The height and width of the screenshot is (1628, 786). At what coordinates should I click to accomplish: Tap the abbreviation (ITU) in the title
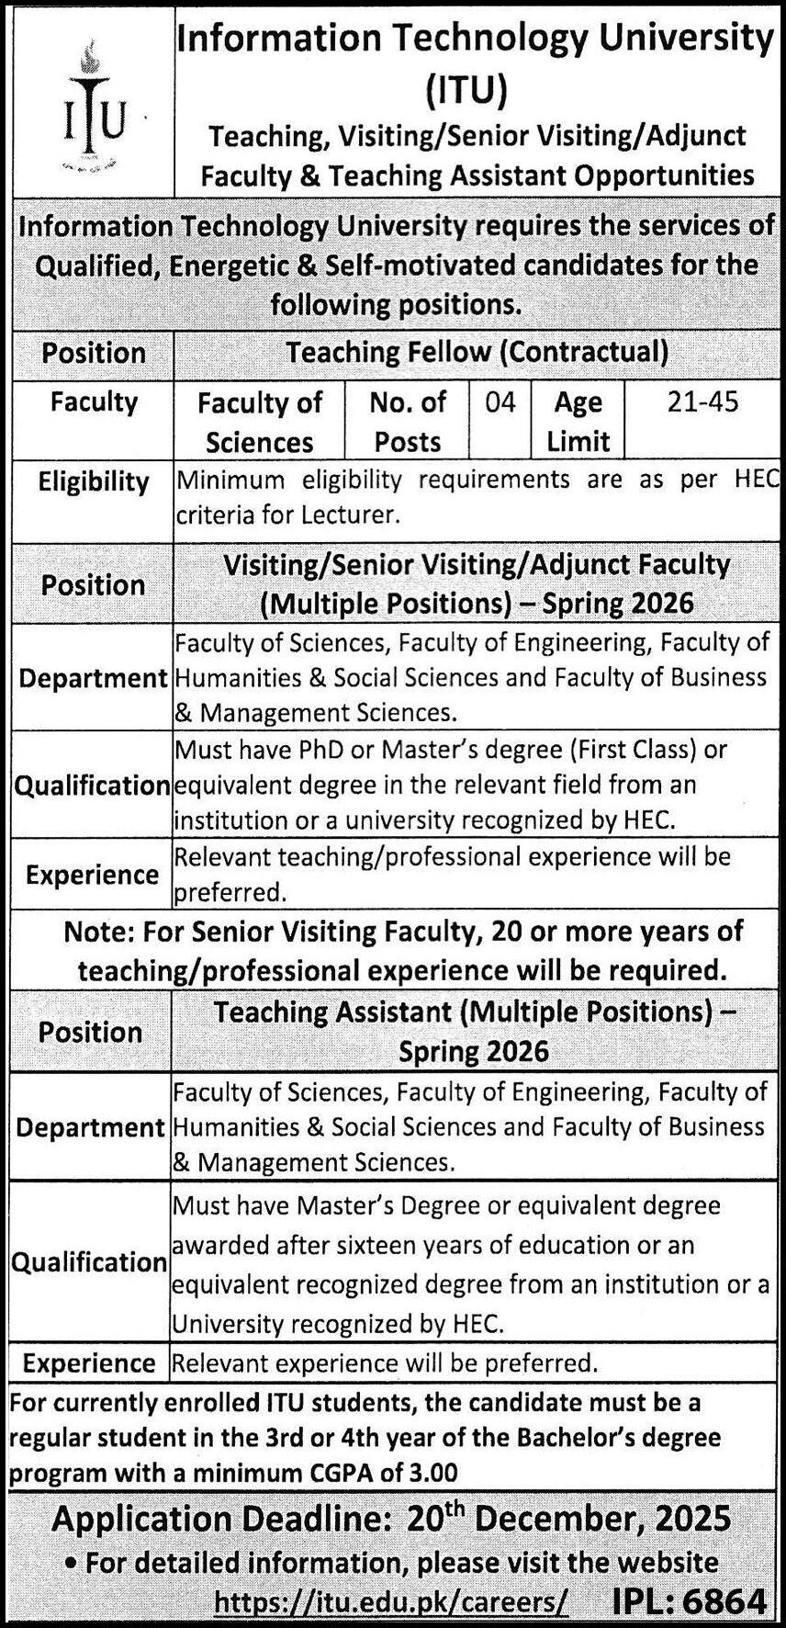(466, 90)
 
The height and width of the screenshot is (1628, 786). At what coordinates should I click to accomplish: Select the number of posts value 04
(500, 402)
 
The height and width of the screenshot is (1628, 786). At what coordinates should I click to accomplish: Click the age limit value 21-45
(702, 402)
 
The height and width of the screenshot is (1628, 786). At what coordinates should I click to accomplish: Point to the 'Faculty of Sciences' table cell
(260, 422)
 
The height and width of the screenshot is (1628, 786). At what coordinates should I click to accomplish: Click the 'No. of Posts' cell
(408, 422)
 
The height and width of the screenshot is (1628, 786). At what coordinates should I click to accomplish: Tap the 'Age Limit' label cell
(578, 422)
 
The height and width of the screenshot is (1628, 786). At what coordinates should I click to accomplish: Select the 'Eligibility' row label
(93, 481)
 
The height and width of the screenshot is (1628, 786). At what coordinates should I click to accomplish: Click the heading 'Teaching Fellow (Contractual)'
(477, 352)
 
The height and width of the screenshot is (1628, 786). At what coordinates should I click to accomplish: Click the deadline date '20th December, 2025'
(568, 1518)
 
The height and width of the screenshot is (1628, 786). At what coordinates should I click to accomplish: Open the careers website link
(391, 1602)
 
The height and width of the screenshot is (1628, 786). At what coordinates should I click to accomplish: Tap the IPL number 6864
(725, 1602)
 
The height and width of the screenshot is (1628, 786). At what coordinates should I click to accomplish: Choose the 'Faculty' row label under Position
(94, 402)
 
